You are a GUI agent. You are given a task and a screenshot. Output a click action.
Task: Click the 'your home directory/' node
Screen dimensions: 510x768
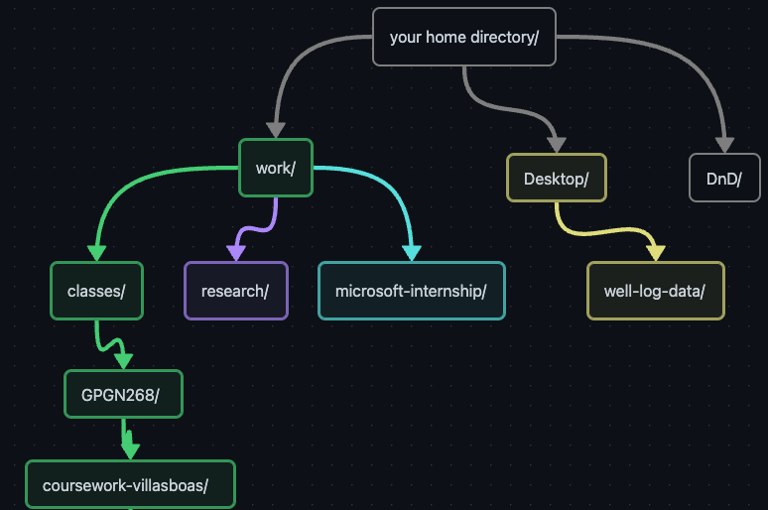[463, 38]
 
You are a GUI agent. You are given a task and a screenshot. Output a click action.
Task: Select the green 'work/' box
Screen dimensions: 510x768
[276, 168]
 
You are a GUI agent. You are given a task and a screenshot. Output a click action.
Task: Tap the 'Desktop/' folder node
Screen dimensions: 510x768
[556, 179]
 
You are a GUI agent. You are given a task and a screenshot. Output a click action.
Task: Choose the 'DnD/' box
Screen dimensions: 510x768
[724, 179]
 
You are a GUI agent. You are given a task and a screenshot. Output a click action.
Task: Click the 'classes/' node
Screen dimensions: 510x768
[96, 291]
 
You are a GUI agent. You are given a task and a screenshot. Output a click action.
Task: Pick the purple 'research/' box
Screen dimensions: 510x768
[235, 291]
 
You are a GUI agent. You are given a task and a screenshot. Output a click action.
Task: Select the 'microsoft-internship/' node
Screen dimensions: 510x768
[411, 291]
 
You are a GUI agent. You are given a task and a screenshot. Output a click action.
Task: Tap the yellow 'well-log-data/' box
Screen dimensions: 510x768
[655, 291]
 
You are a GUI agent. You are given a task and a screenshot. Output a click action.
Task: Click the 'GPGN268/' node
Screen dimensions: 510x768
[124, 395]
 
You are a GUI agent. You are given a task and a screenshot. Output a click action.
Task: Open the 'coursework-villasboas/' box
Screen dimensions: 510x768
[130, 485]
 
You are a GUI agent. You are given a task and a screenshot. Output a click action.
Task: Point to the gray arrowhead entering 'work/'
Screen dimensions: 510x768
[276, 130]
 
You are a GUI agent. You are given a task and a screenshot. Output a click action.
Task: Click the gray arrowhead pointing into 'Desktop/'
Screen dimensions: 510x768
[556, 145]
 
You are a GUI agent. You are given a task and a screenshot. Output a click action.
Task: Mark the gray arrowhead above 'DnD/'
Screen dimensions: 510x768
[724, 145]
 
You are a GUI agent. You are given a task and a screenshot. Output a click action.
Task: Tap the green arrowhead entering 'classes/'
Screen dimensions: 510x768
[96, 253]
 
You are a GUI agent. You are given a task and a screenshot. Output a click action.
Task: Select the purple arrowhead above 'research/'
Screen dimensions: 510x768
[236, 253]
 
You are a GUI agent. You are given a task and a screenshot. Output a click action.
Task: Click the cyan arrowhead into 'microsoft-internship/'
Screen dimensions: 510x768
[411, 253]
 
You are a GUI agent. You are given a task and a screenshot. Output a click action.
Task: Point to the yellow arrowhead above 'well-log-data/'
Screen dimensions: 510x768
[655, 253]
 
